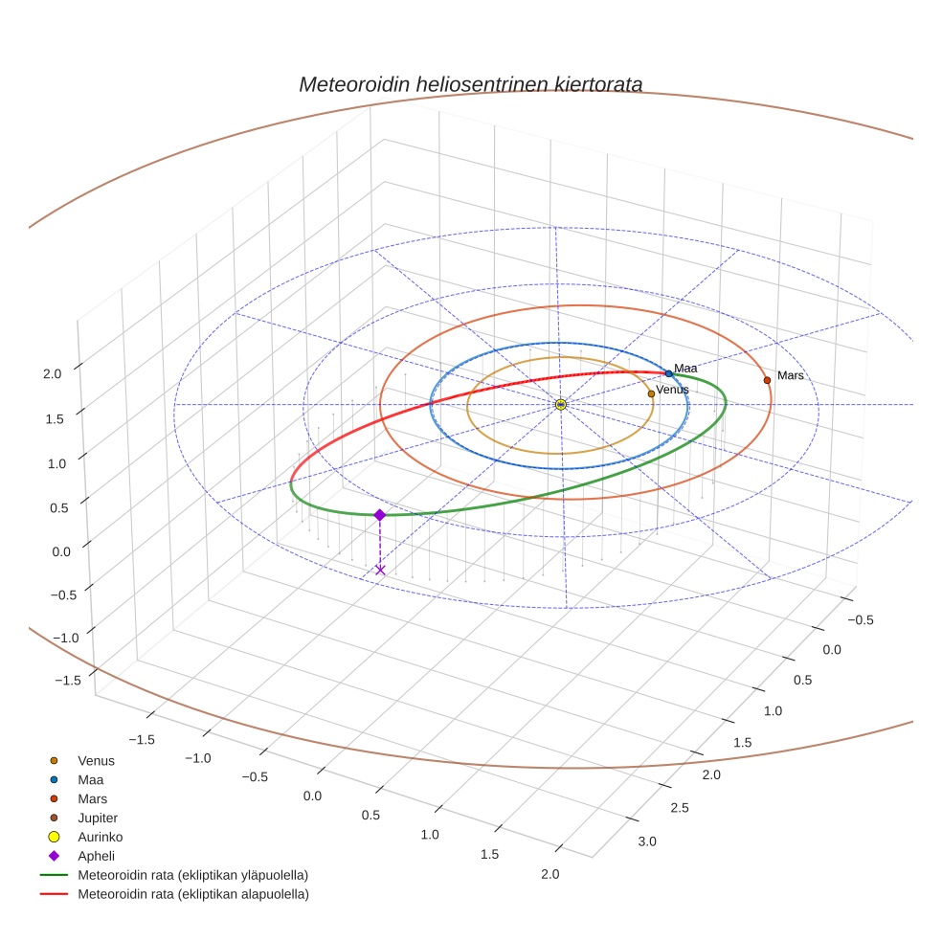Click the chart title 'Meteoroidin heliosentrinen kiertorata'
[470, 84]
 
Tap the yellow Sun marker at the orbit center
[561, 405]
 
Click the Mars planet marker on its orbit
[767, 380]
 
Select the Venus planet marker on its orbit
[651, 393]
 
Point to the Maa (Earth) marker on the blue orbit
[668, 373]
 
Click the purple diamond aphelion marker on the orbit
[380, 515]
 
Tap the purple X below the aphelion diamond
[380, 570]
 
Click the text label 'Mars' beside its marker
[791, 376]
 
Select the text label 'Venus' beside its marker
[672, 390]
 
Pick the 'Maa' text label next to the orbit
[685, 369]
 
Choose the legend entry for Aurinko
[100, 837]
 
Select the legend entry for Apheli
[97, 856]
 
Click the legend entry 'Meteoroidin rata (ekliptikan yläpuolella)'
[192, 875]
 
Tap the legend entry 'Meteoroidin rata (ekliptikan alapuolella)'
[192, 894]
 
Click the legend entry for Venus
[96, 761]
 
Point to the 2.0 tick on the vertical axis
[54, 374]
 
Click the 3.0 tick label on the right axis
[647, 841]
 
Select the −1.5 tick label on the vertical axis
[67, 680]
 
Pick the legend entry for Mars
[93, 798]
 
